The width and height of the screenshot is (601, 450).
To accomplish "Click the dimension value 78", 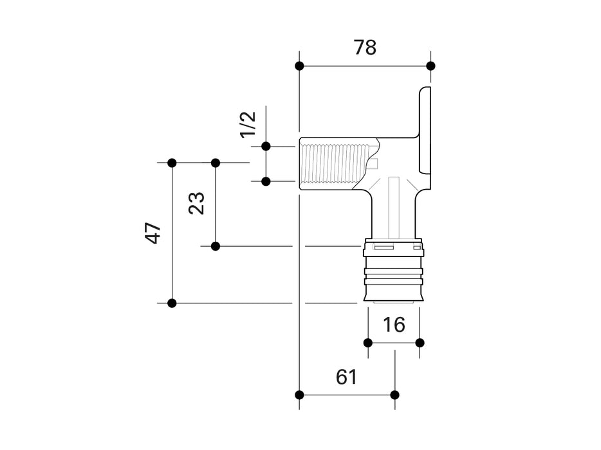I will coord(365,47).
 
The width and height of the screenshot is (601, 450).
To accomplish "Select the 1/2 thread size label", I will coord(248,123).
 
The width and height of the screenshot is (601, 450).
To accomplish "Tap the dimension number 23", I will coord(197,203).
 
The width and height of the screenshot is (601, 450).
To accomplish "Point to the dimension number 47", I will coord(153,233).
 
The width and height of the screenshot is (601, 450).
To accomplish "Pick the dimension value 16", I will coord(394,325).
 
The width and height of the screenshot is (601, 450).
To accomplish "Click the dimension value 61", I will coord(346,377).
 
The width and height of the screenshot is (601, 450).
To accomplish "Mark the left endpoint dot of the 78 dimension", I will coord(299,66).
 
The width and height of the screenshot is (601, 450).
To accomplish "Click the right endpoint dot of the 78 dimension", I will coord(430,66).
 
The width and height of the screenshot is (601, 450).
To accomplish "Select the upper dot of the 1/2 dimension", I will coord(266,147).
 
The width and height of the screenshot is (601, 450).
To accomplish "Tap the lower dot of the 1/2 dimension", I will coord(266,181).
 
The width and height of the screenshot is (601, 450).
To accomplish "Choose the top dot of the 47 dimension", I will coord(172,163).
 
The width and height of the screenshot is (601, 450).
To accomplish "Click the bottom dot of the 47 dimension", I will coord(172,303).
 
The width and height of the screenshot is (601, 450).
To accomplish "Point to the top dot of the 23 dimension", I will coord(216,163).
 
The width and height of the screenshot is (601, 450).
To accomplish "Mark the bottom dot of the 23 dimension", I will coord(216,246).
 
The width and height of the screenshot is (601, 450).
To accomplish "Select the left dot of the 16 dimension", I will coord(368,342).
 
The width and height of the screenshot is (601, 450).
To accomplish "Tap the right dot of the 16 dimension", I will coord(420,342).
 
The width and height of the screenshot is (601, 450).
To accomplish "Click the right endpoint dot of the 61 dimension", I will coord(394,394).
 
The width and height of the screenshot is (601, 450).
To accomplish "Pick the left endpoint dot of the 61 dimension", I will coord(299,394).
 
